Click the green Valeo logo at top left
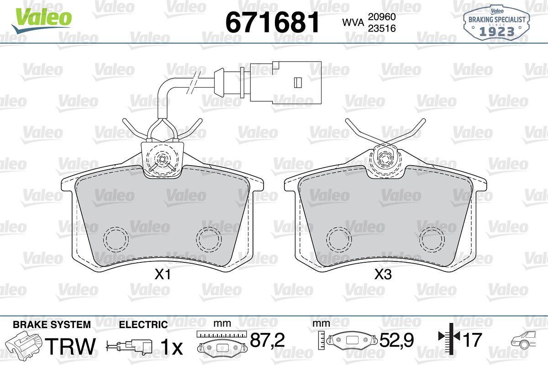point(42,20)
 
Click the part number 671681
point(273,22)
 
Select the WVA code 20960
point(382,17)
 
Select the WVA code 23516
point(382,28)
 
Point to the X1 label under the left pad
point(163,275)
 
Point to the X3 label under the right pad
point(383,275)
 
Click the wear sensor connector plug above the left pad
point(285,82)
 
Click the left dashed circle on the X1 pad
point(116,240)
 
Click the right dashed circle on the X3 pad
point(432,240)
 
